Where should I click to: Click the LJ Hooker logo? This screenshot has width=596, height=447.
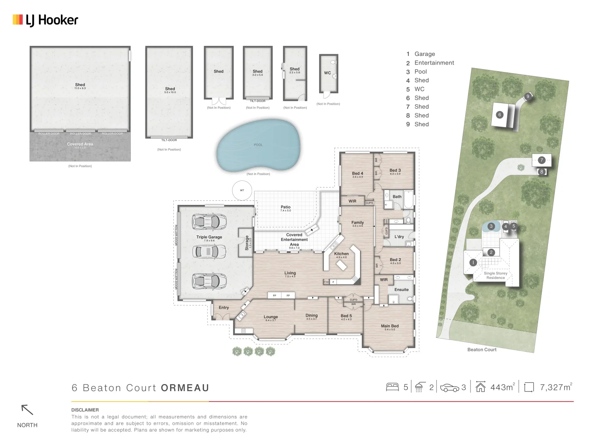pos(46,20)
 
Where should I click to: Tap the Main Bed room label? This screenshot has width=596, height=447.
pos(389,326)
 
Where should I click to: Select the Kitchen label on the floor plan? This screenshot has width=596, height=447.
pos(341,254)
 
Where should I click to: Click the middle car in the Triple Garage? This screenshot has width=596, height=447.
pos(209,251)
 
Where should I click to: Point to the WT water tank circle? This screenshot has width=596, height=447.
pos(242,190)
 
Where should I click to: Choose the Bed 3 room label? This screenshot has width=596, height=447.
pos(395,170)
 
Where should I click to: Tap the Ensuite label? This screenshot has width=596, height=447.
pos(401,290)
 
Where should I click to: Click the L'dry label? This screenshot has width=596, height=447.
pos(399,237)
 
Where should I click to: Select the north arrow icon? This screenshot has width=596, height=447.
pos(27,410)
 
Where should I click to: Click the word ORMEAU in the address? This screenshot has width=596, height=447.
pos(185,388)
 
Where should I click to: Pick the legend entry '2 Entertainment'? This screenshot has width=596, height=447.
pos(430,63)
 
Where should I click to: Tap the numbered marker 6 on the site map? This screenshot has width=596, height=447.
pos(500,115)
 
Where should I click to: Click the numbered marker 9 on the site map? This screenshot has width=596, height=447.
pos(527,96)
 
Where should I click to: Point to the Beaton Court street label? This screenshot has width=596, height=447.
pos(482,350)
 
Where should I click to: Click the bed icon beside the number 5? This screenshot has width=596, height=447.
pos(392,387)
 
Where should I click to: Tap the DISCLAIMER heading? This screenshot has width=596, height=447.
pos(85,410)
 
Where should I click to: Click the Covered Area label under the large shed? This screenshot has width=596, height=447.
pos(80,144)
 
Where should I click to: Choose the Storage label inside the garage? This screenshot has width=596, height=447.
pos(247,243)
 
